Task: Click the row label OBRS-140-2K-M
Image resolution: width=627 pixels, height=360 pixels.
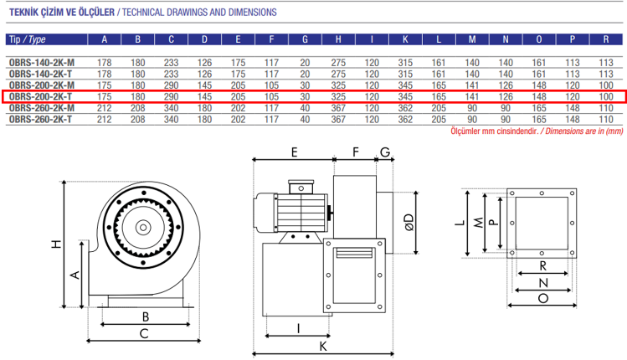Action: click(x=41, y=63)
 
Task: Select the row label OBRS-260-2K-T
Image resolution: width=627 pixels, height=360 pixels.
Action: click(x=40, y=120)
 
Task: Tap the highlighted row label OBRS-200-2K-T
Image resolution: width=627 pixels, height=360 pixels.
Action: click(x=40, y=97)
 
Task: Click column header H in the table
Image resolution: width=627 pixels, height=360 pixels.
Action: click(x=337, y=39)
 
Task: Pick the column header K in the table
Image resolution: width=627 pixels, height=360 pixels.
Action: click(x=405, y=39)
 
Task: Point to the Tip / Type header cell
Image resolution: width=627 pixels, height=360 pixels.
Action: click(x=27, y=39)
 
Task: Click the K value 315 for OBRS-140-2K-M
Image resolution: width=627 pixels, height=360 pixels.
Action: click(x=405, y=63)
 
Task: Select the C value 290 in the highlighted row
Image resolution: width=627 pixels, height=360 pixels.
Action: click(x=172, y=97)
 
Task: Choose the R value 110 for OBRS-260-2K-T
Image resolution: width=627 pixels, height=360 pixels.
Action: click(x=606, y=120)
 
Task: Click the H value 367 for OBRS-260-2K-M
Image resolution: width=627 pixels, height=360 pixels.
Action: click(x=337, y=108)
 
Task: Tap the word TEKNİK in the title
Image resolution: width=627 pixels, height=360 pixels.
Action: click(x=26, y=13)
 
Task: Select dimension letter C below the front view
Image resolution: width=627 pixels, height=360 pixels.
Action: click(x=144, y=333)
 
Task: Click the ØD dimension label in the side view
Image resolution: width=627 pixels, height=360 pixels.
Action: click(x=408, y=223)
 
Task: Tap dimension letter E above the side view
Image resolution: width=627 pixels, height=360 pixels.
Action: click(x=295, y=152)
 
